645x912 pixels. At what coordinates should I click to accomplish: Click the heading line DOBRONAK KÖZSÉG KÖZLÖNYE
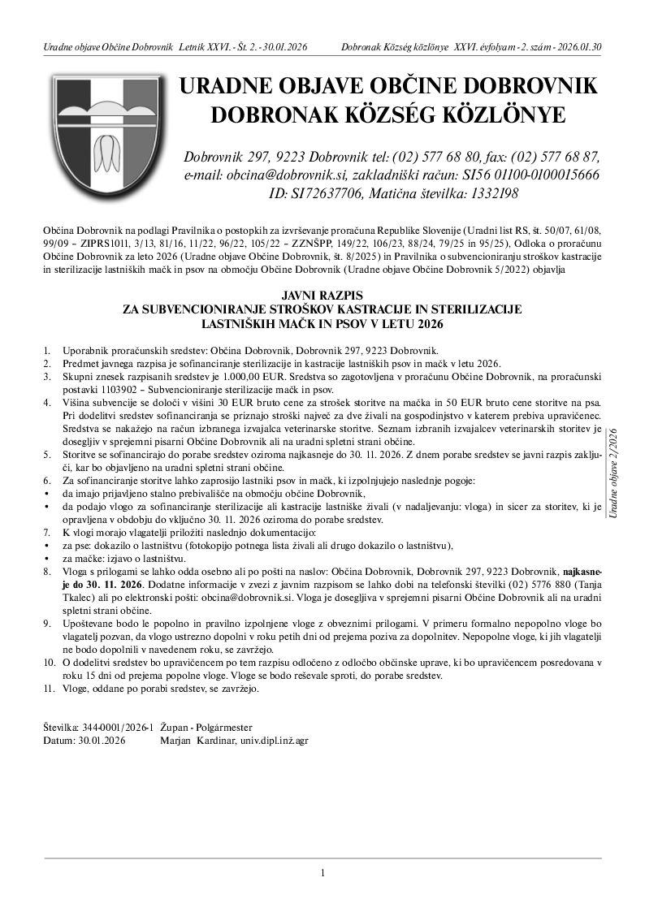click(388, 115)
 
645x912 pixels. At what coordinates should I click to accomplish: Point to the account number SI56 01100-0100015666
click(519, 175)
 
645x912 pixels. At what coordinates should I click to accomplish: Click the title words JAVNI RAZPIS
click(322, 296)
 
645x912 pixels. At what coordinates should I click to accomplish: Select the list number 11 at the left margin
click(48, 689)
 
